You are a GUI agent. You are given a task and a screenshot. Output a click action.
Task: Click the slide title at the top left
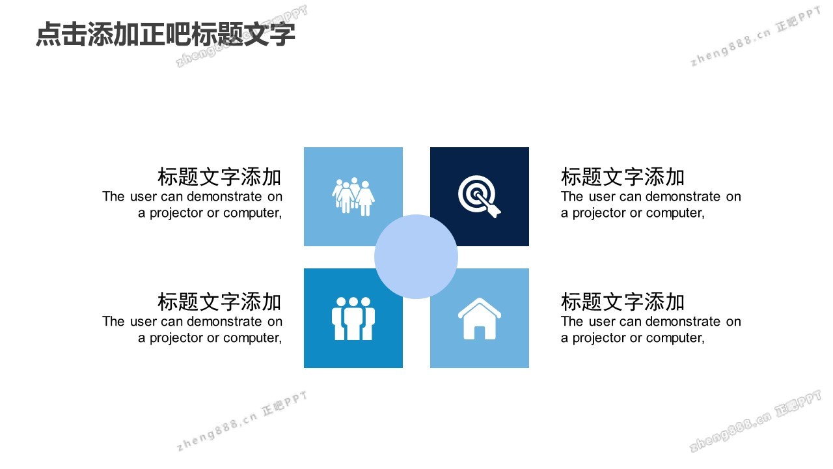click(x=165, y=35)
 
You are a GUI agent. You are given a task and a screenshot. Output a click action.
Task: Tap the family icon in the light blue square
click(x=353, y=197)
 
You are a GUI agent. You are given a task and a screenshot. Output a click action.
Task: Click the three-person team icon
click(x=353, y=319)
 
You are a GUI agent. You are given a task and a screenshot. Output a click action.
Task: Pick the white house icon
click(x=480, y=319)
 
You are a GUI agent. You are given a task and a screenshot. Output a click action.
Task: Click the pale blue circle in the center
click(x=416, y=257)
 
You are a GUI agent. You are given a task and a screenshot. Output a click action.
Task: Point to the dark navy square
click(x=480, y=197)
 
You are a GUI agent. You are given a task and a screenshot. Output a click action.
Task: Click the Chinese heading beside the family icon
click(x=219, y=177)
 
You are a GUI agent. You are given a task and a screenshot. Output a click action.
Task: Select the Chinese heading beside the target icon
click(x=623, y=177)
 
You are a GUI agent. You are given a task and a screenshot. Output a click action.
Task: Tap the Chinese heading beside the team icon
click(x=219, y=302)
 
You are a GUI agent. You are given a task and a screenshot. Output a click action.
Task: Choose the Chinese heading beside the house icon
click(x=623, y=302)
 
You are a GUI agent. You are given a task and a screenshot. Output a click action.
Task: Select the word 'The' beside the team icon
click(x=113, y=322)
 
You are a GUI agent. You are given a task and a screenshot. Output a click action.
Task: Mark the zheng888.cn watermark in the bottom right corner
click(x=756, y=421)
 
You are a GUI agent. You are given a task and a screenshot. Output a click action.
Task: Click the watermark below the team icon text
click(x=242, y=421)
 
